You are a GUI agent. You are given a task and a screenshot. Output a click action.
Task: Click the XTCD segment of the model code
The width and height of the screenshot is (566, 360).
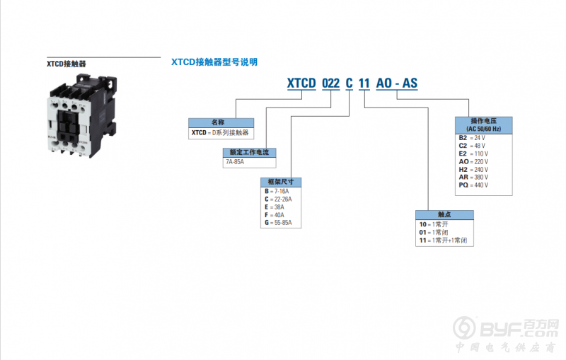pos(301,83)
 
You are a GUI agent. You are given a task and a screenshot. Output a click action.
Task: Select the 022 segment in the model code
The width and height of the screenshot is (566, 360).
pos(330,83)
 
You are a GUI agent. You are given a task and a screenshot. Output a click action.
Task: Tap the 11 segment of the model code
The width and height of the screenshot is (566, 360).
pos(364,83)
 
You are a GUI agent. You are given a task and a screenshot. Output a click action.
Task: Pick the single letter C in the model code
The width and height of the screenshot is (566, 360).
pos(349,83)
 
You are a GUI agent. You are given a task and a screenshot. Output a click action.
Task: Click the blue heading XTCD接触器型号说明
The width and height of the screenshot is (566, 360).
pos(214,62)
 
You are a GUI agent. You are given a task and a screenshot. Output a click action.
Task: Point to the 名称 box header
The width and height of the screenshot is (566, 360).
pos(221,122)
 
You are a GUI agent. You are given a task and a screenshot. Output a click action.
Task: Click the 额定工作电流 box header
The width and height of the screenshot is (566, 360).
pos(250,152)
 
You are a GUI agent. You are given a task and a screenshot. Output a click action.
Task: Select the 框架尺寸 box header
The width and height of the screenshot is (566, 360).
pos(281,182)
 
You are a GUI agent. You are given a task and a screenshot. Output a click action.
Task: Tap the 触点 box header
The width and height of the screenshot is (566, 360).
pos(444,214)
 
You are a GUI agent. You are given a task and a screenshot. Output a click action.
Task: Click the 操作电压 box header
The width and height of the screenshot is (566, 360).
pos(484,125)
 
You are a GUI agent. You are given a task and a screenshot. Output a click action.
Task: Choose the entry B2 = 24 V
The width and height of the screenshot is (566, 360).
pos(472,138)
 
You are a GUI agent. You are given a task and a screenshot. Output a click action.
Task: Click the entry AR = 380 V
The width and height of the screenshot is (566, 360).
pos(473,177)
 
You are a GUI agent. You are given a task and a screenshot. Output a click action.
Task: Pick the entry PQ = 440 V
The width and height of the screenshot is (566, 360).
pos(473,185)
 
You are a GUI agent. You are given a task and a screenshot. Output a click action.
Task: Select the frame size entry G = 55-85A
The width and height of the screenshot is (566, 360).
pos(278,223)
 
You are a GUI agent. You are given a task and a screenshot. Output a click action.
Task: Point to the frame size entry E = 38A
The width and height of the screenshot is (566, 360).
pos(275,207)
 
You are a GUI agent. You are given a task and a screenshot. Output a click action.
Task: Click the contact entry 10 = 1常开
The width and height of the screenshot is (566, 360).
pos(434,224)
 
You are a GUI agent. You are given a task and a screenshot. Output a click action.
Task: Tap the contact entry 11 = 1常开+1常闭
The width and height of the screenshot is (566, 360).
pos(443,240)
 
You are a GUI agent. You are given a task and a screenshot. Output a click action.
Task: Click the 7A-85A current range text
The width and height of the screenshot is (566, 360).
pos(235,161)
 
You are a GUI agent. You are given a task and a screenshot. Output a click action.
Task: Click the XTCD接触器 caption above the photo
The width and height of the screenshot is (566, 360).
pos(67,64)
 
